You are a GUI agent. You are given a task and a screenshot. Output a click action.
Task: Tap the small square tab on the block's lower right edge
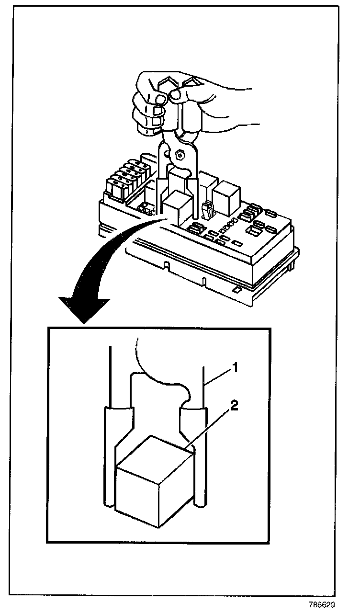coord(236,289)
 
